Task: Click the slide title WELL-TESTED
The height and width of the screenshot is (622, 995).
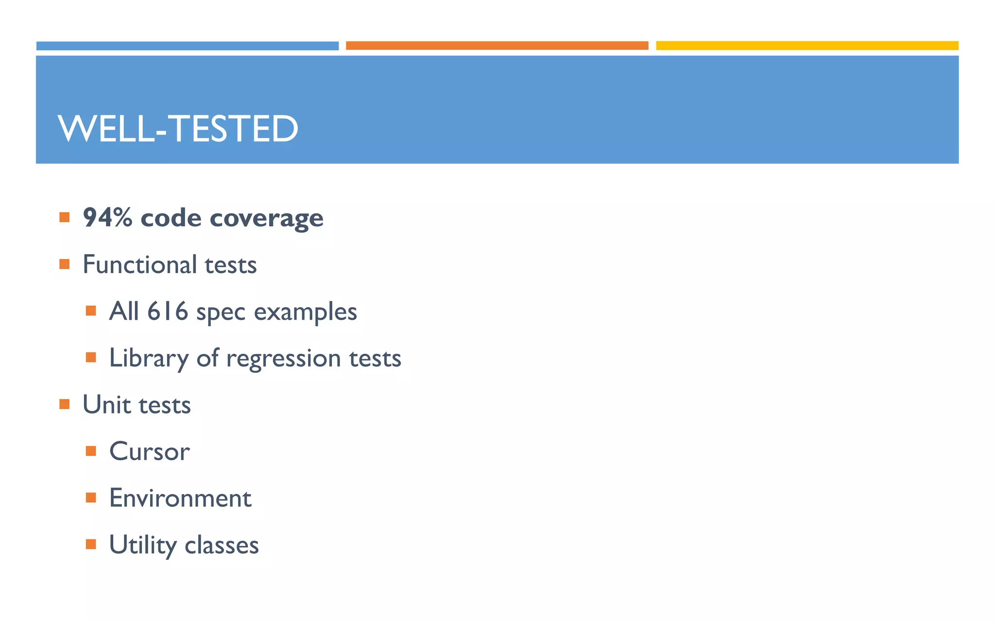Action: pos(178,129)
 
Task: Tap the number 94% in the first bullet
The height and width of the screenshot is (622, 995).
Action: pos(107,217)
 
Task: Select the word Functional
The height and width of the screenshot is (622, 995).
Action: pos(139,264)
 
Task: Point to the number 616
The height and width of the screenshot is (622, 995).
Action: pos(168,311)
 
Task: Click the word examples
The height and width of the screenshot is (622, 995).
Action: pos(305,312)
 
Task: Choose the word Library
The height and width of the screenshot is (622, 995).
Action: pos(149,359)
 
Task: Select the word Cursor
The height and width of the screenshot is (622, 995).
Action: pos(149,451)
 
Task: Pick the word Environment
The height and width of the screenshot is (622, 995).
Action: pos(180,498)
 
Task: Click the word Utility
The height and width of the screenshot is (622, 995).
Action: pos(142,545)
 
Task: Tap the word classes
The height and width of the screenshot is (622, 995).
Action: pos(222,545)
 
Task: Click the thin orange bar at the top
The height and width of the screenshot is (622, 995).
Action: pos(497,46)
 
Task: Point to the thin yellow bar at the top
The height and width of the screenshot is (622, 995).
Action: pos(807,46)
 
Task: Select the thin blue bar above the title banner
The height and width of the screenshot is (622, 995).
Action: pos(188,46)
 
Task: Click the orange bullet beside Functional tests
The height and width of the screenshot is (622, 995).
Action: pos(65,264)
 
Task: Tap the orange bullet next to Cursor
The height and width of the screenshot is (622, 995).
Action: pos(91,451)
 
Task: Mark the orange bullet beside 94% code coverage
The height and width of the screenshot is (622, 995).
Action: pos(65,217)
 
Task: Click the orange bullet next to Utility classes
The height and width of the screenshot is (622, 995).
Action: pos(91,544)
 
